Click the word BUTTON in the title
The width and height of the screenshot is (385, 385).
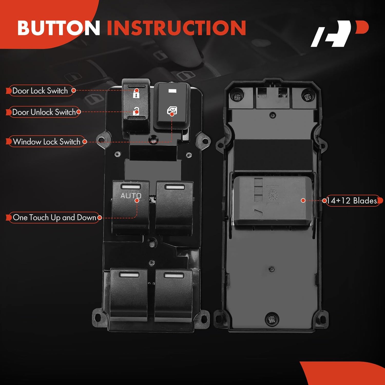[x=59, y=28]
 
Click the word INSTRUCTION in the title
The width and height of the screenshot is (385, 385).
[x=176, y=28]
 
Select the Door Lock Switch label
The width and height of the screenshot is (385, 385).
[x=40, y=91]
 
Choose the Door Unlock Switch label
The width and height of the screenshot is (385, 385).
[x=44, y=112]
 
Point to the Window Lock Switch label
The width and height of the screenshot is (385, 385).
[x=46, y=141]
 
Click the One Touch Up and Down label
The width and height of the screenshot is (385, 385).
[x=54, y=217]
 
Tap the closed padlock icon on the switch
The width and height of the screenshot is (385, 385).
[x=136, y=94]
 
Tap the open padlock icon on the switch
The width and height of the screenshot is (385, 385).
[x=136, y=111]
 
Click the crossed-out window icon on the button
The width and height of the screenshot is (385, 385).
[x=172, y=111]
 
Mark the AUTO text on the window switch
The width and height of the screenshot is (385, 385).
[x=131, y=196]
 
